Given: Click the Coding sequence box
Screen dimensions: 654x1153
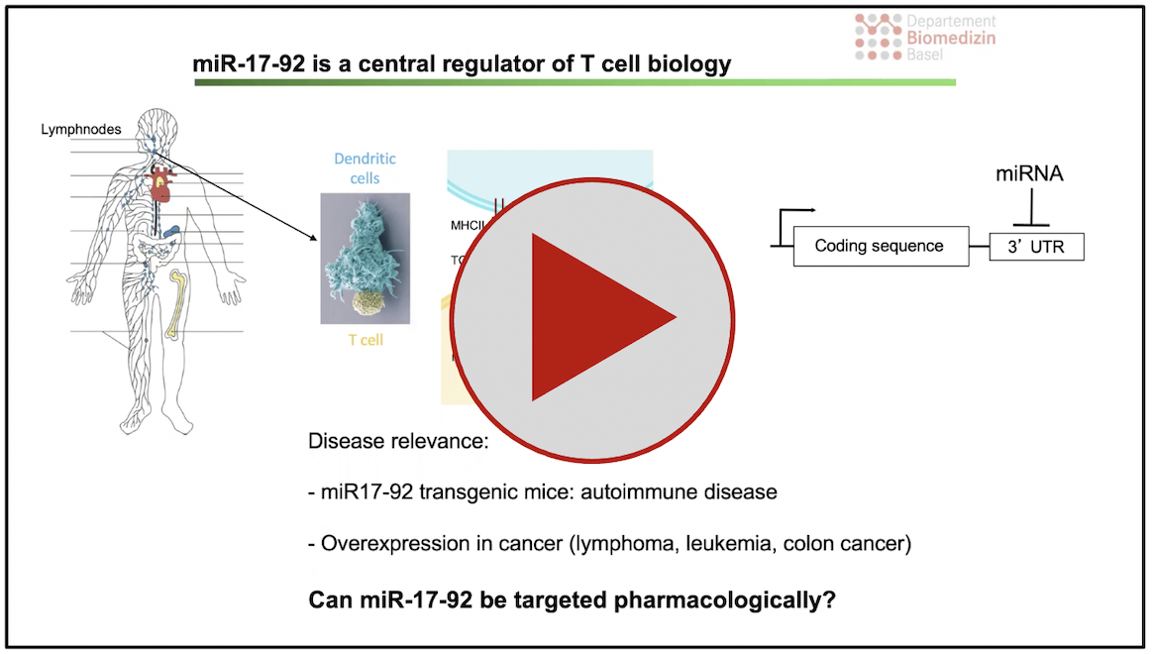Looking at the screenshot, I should click(880, 246).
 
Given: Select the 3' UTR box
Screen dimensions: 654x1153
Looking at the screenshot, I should click(1036, 247).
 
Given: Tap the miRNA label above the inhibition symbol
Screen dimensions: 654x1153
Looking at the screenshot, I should click(1029, 174).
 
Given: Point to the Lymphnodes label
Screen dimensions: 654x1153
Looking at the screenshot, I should click(80, 130).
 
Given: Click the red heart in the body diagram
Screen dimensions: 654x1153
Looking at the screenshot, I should click(160, 184).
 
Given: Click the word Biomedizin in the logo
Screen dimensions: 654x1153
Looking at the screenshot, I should click(951, 39).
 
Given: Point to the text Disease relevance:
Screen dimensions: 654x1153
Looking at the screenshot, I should click(399, 441).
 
